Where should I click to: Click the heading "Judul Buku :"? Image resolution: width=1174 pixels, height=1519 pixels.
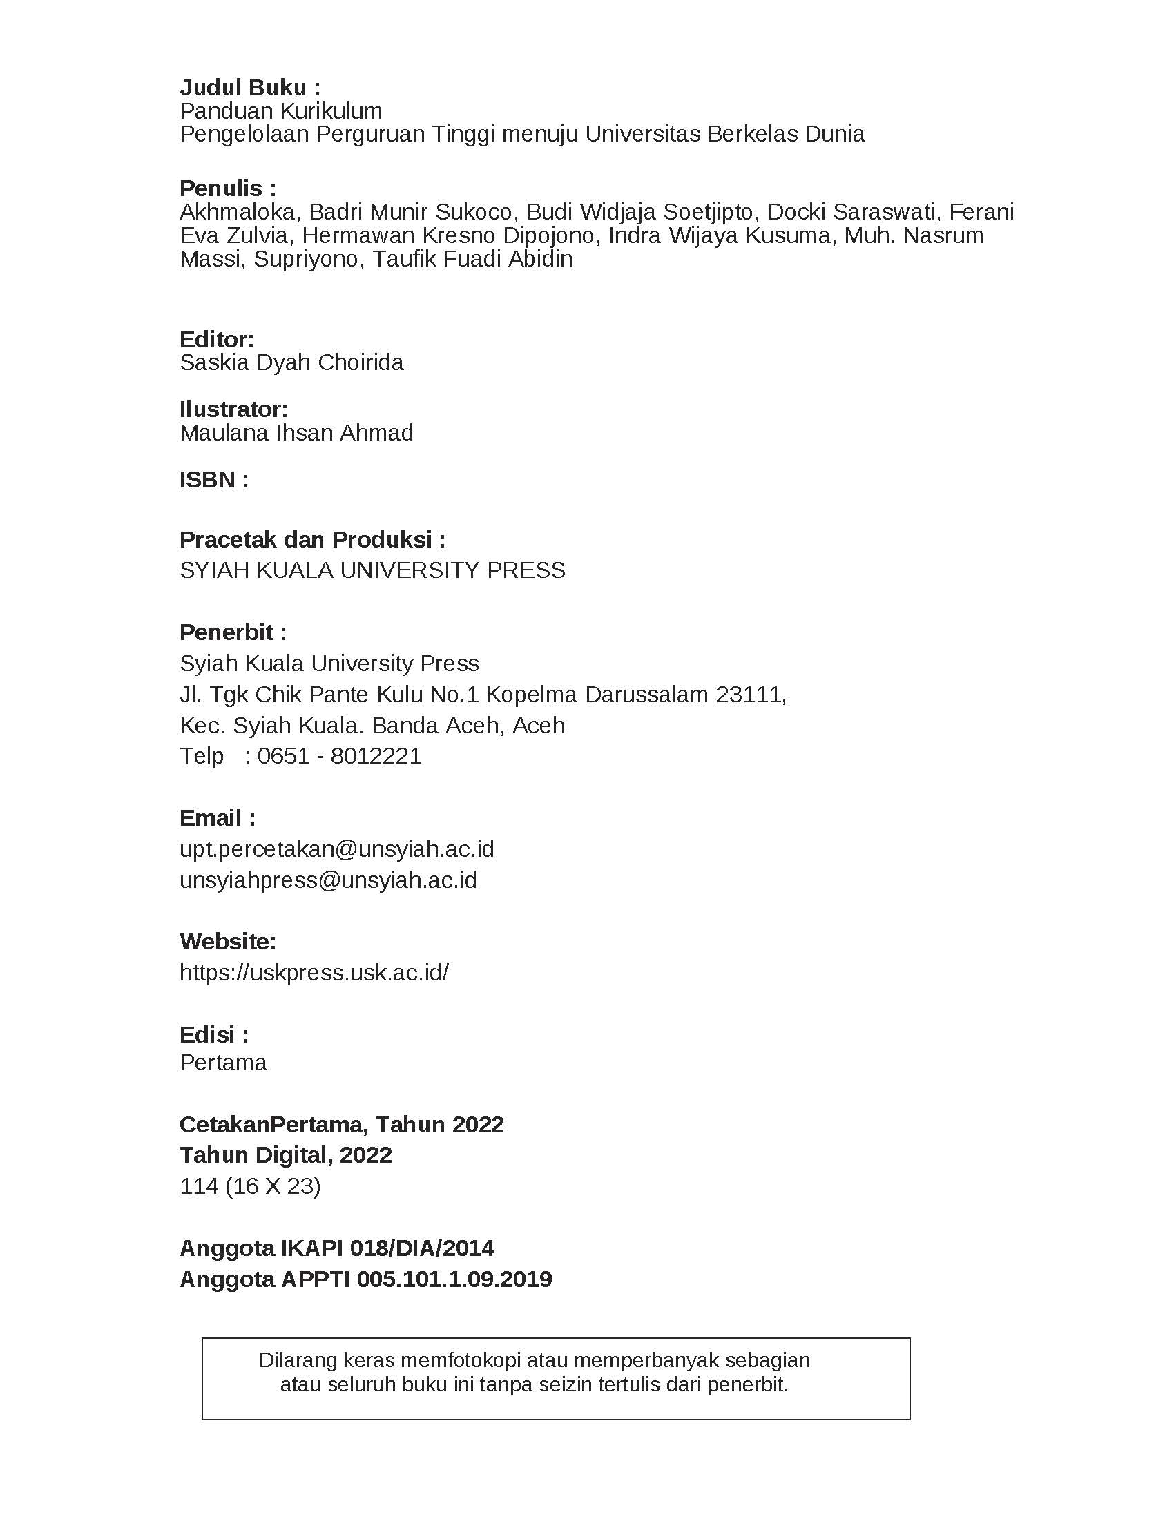point(250,88)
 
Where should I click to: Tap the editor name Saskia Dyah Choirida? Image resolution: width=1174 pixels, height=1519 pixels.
point(291,362)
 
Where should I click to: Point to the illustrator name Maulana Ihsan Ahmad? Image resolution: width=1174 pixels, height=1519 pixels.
point(296,433)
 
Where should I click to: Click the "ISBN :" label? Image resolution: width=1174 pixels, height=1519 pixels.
point(213,480)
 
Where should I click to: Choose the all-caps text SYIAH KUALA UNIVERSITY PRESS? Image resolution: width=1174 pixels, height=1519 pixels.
point(372,570)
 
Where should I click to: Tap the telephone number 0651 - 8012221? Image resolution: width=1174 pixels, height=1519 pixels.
point(339,756)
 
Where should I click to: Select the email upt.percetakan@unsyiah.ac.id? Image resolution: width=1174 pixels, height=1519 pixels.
point(336,849)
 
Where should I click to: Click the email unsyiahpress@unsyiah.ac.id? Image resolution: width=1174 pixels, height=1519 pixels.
point(328,880)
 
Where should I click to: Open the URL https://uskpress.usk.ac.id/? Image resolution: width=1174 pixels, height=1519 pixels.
point(314,972)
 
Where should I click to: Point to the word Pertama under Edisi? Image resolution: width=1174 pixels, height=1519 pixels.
point(223,1063)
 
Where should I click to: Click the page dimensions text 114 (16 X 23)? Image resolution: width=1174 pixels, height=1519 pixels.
point(250,1186)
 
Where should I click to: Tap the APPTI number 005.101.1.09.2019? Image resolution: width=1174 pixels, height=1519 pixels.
point(454,1279)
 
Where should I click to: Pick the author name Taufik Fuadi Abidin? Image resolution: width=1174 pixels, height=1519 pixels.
point(472,259)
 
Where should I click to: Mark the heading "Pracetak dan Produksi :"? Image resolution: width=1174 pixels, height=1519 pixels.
point(312,539)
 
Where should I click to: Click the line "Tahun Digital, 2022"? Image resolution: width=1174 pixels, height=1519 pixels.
point(286,1155)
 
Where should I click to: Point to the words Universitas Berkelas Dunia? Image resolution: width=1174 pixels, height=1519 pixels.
point(724,134)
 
